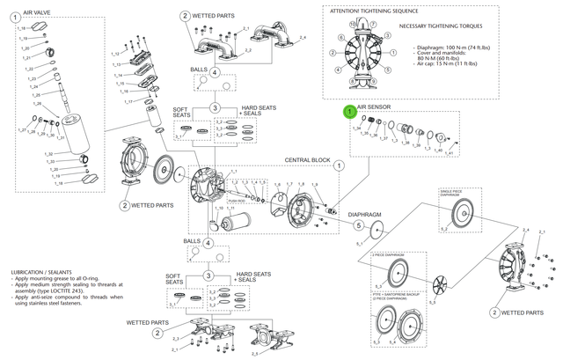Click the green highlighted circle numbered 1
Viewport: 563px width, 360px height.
(x=349, y=113)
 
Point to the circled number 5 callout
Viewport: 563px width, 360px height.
(x=358, y=225)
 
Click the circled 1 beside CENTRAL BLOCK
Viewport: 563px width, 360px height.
(x=339, y=165)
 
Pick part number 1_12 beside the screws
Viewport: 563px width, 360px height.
(x=115, y=54)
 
